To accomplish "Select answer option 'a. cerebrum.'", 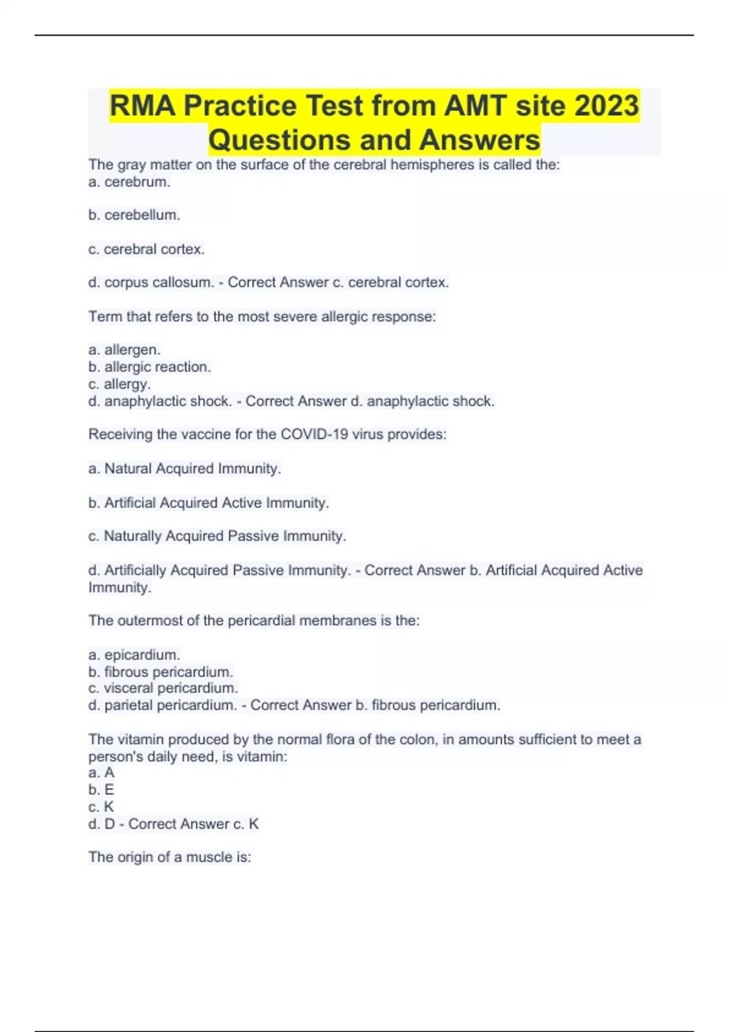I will point(129,182).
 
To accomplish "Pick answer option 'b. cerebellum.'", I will point(134,215).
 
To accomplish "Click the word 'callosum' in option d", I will point(181,282).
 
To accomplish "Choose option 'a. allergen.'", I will point(125,350).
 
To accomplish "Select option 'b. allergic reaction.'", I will point(149,367).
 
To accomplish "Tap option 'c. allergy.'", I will point(120,384).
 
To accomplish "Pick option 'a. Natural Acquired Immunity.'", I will point(185,469).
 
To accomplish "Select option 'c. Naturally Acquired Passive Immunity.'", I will point(217,536).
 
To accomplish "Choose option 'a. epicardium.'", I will point(134,654).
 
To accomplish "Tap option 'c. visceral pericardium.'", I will point(163,688).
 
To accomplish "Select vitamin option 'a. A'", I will point(101,773).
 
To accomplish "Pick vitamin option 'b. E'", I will point(101,790).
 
